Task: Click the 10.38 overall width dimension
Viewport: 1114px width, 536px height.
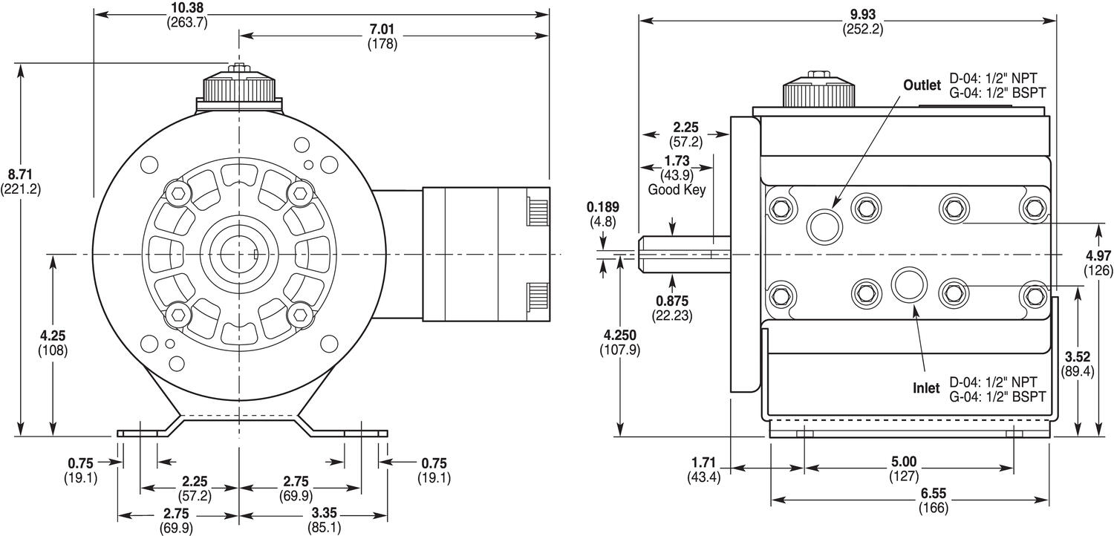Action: (x=186, y=8)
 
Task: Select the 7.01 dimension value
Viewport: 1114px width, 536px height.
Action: (x=382, y=30)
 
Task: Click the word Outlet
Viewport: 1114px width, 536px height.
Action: (x=922, y=85)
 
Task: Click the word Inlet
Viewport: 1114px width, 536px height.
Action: (x=926, y=388)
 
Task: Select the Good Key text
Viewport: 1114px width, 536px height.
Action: (x=676, y=189)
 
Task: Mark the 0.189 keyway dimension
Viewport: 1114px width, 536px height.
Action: (x=602, y=207)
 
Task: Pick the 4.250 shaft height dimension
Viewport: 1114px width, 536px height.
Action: (x=619, y=335)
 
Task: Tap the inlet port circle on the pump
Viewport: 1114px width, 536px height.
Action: (x=908, y=285)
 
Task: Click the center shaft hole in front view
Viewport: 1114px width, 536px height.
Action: (x=239, y=255)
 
